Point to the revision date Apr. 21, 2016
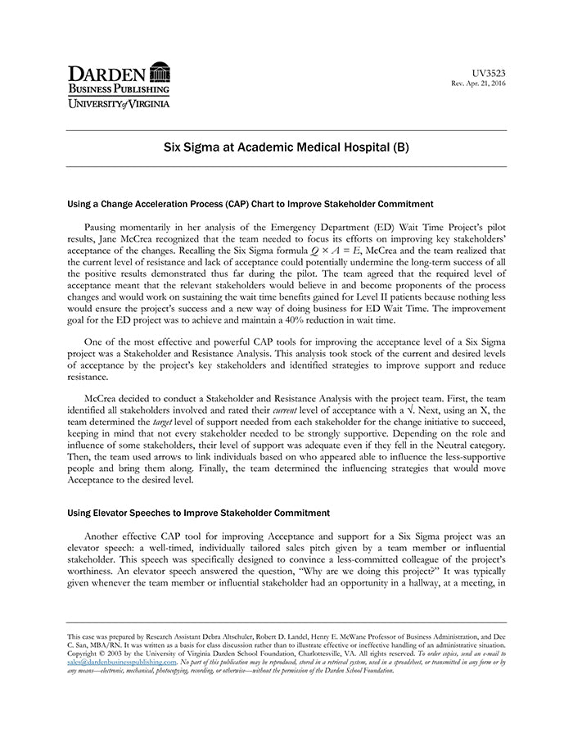[486, 84]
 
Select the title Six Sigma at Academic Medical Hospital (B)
[286, 148]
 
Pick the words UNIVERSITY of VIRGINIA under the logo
[118, 104]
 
